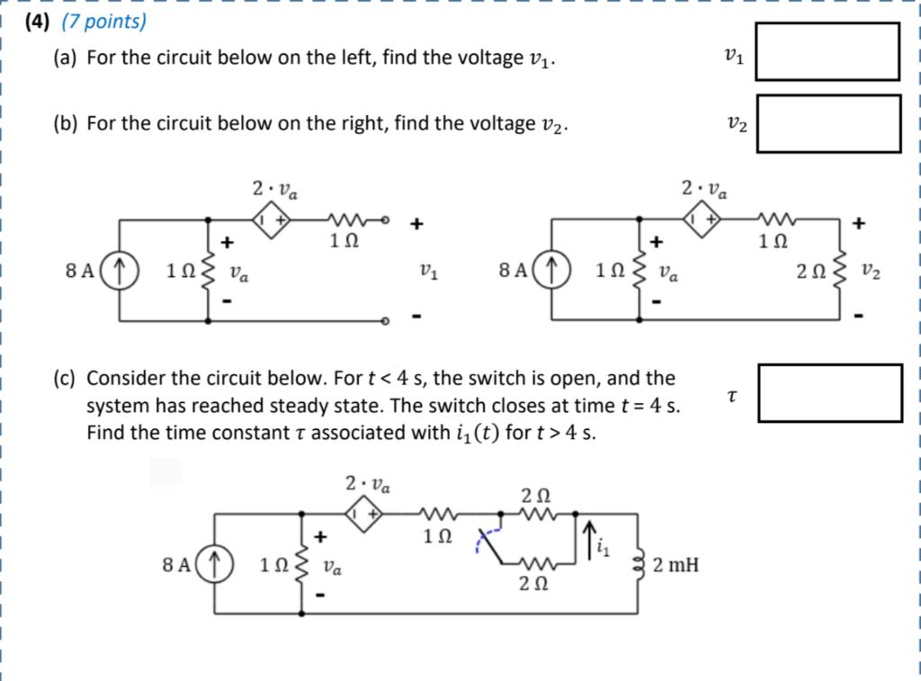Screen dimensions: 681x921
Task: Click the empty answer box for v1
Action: coord(827,52)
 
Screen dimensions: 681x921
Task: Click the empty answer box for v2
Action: coord(827,123)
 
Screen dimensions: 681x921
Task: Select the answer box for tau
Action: coord(829,392)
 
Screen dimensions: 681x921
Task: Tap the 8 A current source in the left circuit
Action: coord(120,270)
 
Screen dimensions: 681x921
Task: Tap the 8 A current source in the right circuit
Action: coord(551,269)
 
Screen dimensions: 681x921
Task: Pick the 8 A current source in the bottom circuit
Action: coord(215,564)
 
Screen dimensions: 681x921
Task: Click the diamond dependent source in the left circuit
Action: coord(270,219)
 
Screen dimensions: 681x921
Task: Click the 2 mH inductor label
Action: coord(675,565)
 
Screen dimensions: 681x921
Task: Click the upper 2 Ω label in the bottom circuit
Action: coord(536,496)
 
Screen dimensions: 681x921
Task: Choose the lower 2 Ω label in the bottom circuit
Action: coord(534,584)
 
